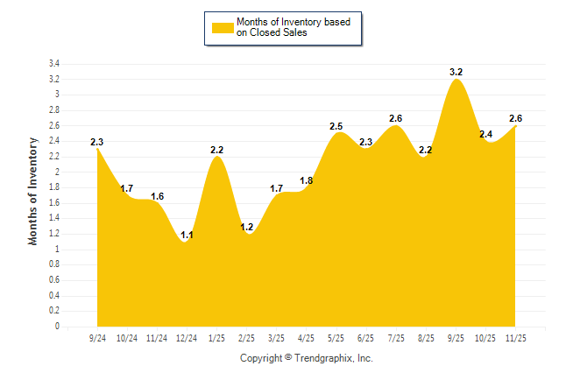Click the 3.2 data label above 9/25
click(456, 72)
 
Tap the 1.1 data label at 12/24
click(186, 235)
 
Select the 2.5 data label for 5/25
click(336, 126)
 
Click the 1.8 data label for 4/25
click(306, 180)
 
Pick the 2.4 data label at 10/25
click(485, 134)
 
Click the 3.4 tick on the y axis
click(53, 64)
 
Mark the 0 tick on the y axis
click(57, 327)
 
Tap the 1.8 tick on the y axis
click(53, 187)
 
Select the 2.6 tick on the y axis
click(53, 126)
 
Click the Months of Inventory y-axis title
click(33, 191)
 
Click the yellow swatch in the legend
click(223, 27)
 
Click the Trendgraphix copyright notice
click(307, 358)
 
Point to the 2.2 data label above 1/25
click(217, 150)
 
